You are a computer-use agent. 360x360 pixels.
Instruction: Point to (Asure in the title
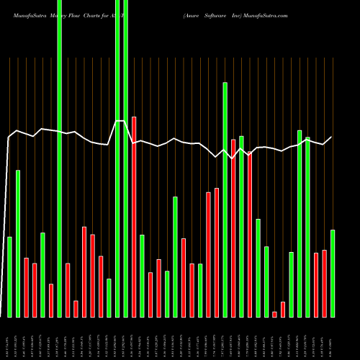coord(193,15)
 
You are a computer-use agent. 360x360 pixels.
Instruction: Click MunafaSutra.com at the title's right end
coord(267,15)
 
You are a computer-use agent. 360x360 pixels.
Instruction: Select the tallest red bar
coord(134,216)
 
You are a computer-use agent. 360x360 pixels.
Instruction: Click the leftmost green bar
coord(9,276)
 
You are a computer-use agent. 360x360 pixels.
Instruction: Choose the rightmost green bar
coord(333,273)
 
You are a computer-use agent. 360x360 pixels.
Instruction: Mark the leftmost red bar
coord(26,287)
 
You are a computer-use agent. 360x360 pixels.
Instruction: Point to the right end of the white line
coord(332,137)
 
